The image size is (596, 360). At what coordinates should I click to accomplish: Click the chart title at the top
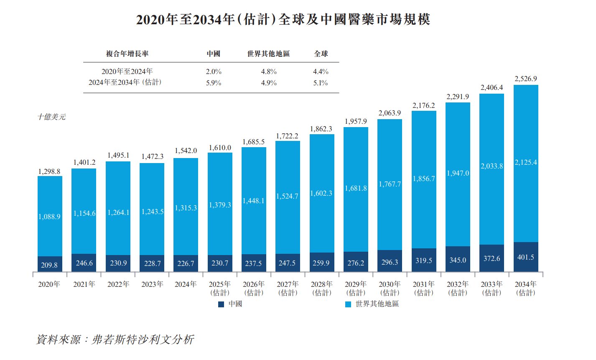[283, 19]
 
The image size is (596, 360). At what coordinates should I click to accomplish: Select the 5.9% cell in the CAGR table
[213, 83]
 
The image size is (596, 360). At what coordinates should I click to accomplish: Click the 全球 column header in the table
[321, 54]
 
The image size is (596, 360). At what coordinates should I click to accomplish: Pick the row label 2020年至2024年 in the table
[127, 71]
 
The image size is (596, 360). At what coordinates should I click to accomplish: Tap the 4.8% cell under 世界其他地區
[268, 71]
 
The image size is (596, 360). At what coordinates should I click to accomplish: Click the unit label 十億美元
[51, 117]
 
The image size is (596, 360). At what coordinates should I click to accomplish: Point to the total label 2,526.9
[525, 79]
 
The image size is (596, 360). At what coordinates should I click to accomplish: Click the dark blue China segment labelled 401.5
[525, 257]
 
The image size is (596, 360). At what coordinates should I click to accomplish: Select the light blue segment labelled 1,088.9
[49, 217]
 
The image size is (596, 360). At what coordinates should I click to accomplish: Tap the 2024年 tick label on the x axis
[186, 284]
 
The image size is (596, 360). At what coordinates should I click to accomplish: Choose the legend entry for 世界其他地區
[372, 304]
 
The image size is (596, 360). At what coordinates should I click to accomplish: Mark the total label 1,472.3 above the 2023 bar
[152, 156]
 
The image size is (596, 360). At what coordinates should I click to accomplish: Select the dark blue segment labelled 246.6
[84, 263]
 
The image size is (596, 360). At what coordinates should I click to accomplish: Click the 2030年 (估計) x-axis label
[390, 289]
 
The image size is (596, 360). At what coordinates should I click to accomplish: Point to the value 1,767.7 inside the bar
[390, 184]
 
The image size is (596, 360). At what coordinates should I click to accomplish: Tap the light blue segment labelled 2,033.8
[492, 166]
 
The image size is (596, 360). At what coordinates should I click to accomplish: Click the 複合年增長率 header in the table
[127, 54]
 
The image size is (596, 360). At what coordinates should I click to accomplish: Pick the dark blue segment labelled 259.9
[321, 263]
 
